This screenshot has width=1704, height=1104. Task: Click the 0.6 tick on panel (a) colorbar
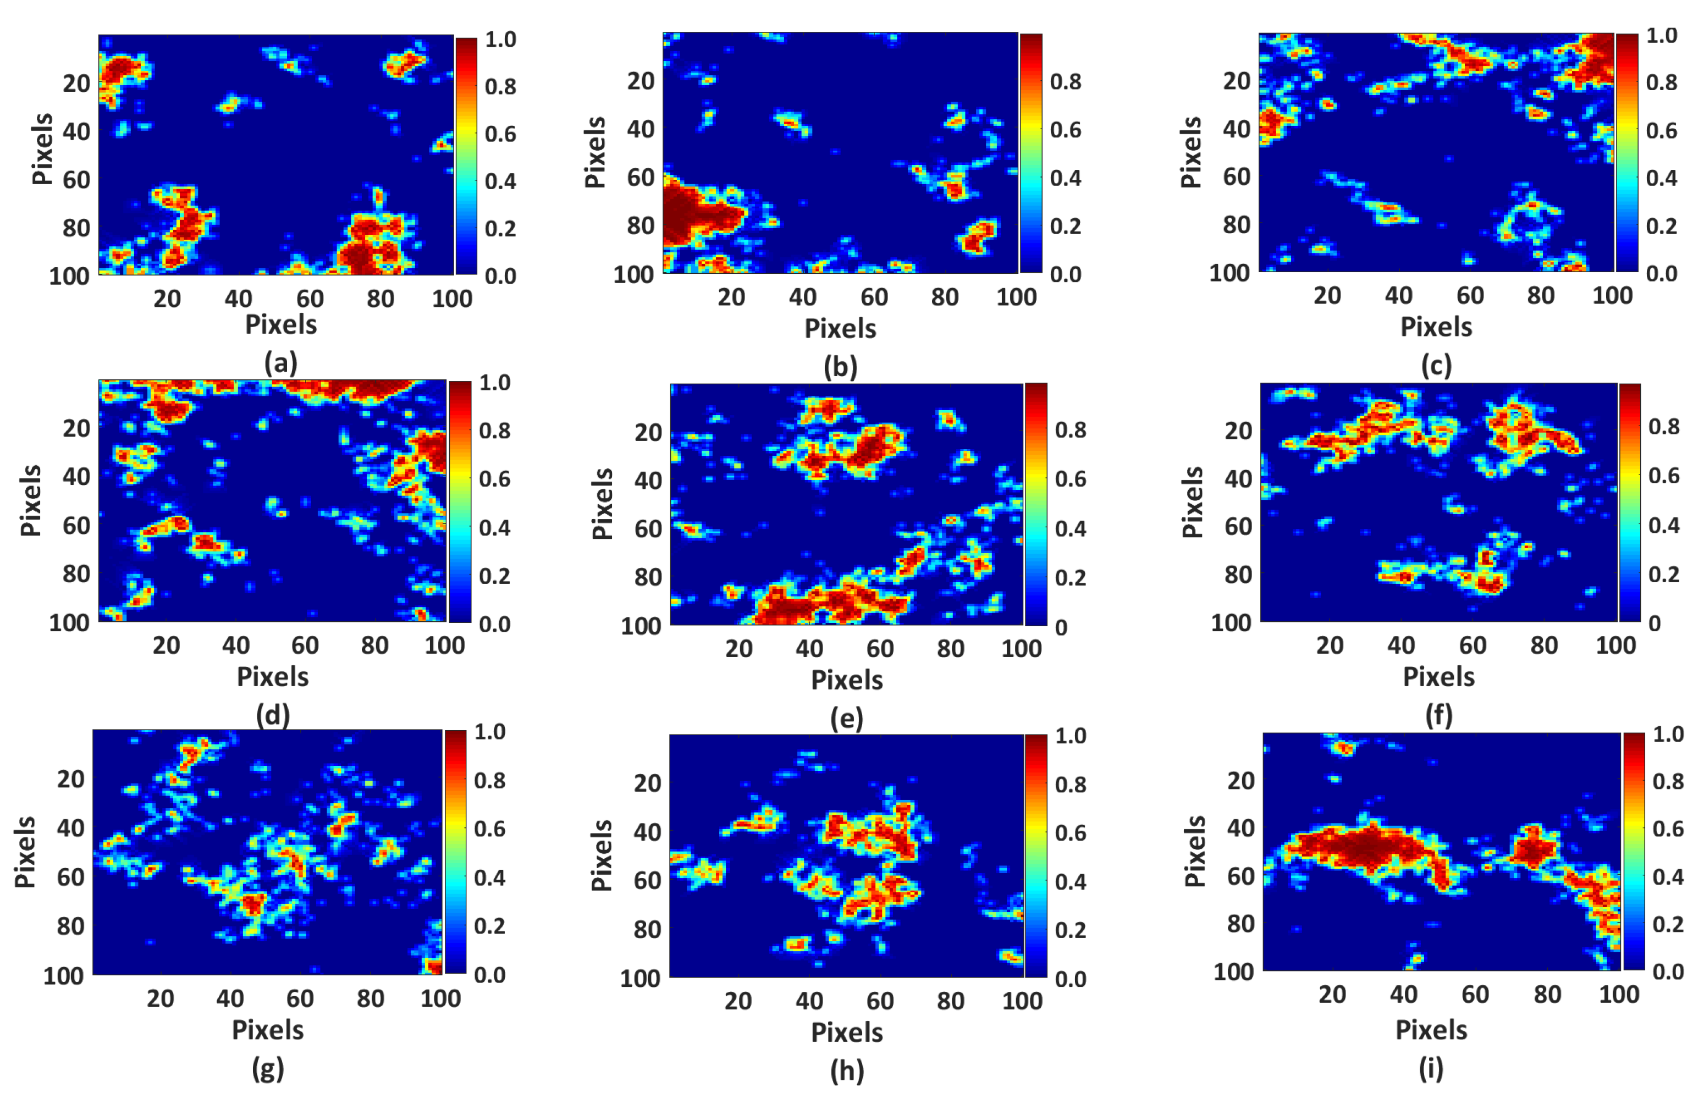500,134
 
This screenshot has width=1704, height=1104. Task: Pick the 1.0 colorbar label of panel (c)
1661,36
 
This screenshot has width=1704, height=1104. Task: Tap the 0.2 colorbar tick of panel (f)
1663,574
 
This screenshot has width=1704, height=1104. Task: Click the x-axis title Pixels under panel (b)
840,329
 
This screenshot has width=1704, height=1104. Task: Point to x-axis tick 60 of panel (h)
879,1000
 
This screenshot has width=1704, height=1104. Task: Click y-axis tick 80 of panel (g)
70,926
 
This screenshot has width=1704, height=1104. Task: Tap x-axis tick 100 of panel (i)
1618,995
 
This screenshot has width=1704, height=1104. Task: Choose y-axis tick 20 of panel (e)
648,433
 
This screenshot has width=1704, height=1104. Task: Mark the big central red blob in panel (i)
1360,848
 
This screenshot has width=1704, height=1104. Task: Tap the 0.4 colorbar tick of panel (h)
1071,882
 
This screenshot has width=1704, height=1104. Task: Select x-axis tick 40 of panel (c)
1398,296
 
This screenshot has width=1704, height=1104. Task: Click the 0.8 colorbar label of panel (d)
494,431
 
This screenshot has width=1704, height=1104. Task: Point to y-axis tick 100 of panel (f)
1230,622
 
